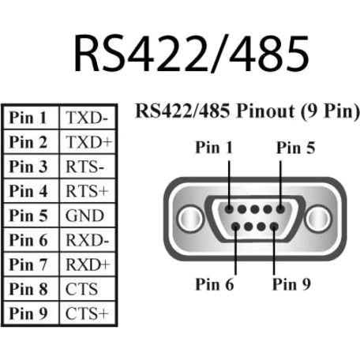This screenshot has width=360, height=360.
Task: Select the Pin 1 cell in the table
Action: click(29, 118)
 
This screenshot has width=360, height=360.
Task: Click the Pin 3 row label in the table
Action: click(29, 167)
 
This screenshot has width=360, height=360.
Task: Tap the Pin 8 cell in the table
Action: click(29, 288)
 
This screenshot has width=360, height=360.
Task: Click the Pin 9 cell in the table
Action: click(29, 313)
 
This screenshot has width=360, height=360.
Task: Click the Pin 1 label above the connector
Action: click(213, 148)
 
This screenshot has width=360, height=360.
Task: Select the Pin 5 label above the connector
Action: click(296, 148)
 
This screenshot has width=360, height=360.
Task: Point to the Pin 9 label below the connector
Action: click(291, 283)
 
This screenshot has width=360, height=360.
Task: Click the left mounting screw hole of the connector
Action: click(186, 216)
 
